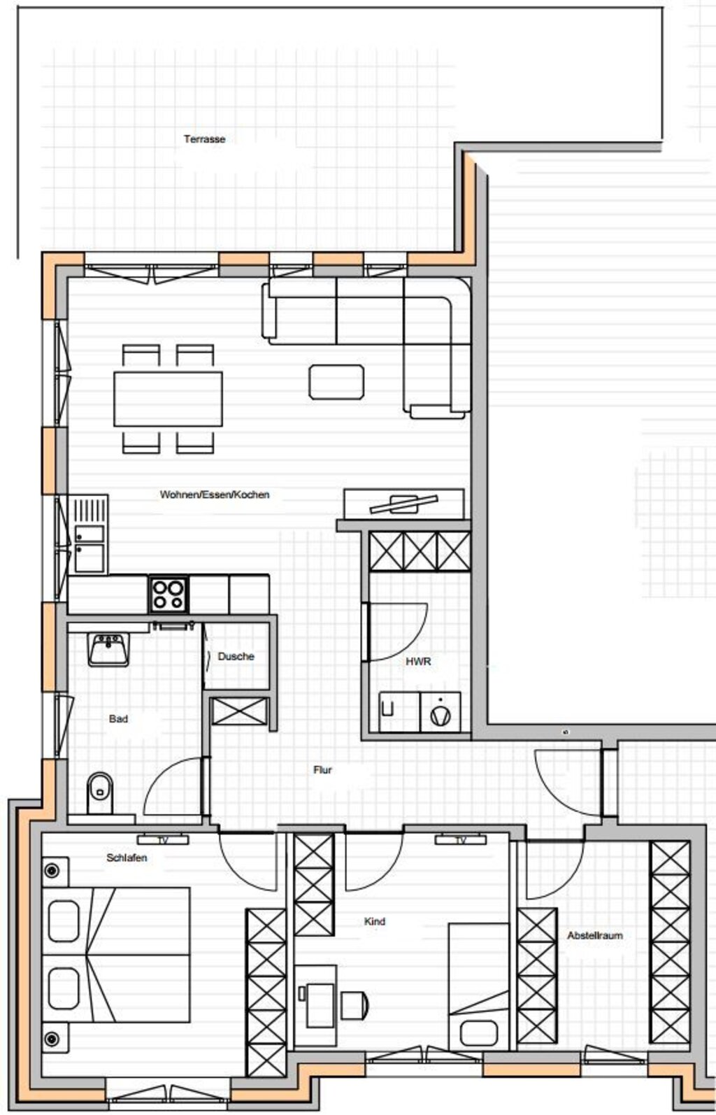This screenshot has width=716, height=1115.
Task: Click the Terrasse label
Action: click(204, 139)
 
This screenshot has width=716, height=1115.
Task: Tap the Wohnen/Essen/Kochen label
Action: click(215, 495)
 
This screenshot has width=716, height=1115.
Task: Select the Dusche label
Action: click(236, 656)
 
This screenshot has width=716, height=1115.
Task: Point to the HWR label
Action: click(418, 661)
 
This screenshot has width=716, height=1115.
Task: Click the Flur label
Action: click(322, 769)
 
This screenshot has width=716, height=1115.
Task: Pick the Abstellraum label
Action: click(595, 935)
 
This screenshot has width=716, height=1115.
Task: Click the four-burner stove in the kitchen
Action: click(169, 595)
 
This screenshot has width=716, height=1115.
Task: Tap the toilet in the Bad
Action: click(100, 793)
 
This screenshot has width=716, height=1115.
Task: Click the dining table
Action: click(169, 399)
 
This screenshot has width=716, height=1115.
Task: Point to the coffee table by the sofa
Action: click(336, 382)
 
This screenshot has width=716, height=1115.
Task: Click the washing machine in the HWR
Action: click(441, 712)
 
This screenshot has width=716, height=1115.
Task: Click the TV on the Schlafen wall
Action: click(163, 840)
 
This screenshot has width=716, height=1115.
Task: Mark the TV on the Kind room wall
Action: click(461, 840)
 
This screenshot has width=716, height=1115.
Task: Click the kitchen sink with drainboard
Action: click(89, 536)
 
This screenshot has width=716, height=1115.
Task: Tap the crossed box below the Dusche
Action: click(240, 711)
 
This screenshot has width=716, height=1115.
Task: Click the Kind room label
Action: click(375, 921)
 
